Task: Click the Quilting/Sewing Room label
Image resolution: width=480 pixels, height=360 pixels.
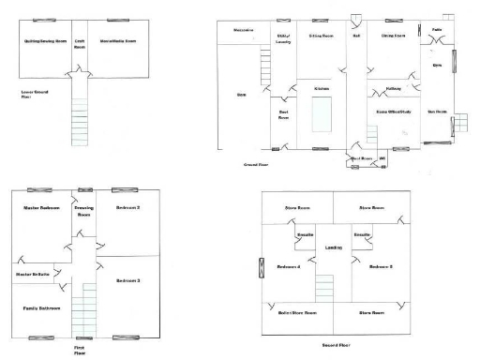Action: pyautogui.click(x=44, y=42)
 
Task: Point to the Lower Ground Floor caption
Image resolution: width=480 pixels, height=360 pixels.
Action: pyautogui.click(x=34, y=94)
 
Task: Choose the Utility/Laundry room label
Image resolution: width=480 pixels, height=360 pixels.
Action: pyautogui.click(x=282, y=37)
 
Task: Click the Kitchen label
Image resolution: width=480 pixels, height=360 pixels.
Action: pyautogui.click(x=322, y=87)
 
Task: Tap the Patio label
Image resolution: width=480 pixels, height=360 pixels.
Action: pyautogui.click(x=437, y=30)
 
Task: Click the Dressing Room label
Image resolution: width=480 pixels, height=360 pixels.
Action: pyautogui.click(x=82, y=210)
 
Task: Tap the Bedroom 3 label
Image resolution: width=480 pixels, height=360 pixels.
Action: pyautogui.click(x=127, y=279)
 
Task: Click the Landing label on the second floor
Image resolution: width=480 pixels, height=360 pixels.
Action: pyautogui.click(x=333, y=247)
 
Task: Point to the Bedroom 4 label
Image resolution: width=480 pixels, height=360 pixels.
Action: pyautogui.click(x=289, y=267)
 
